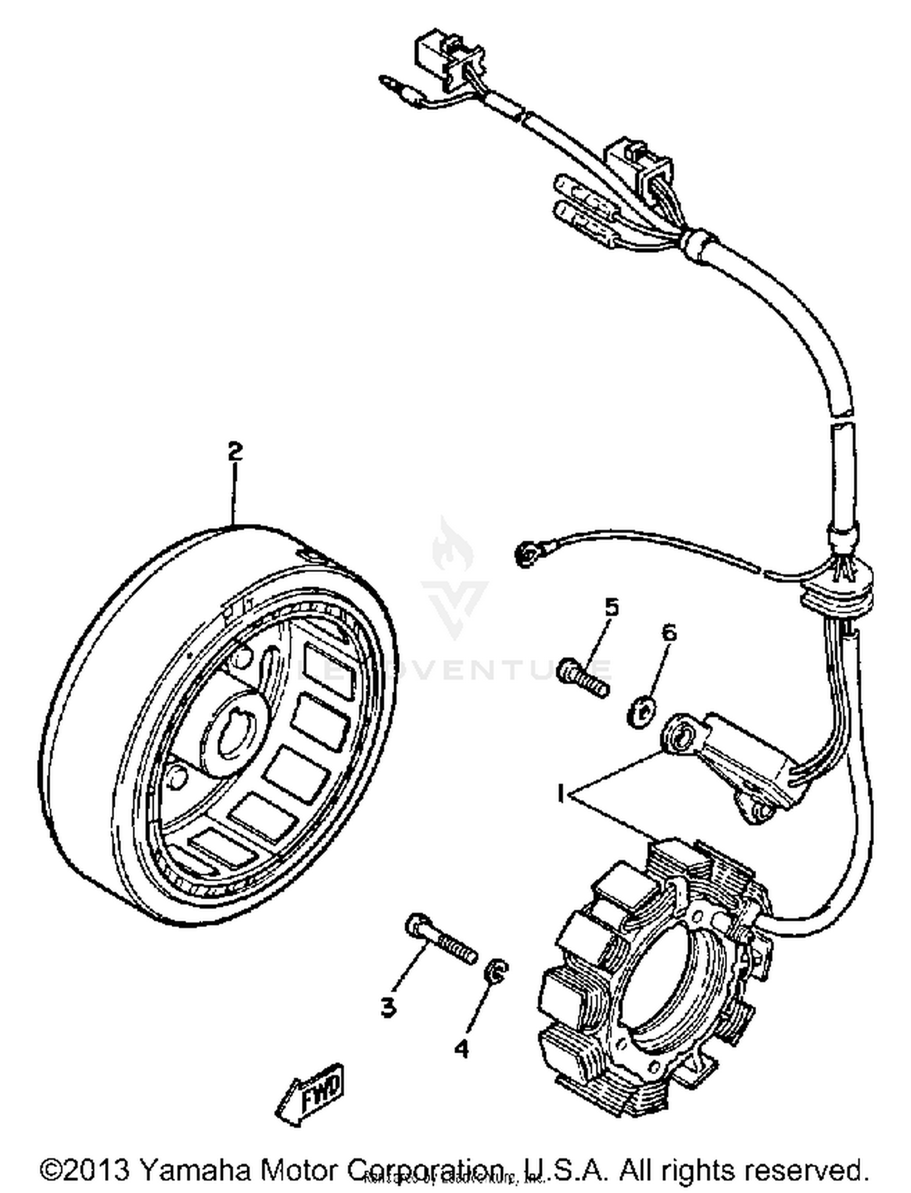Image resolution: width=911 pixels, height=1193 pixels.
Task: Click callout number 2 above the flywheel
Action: pyautogui.click(x=235, y=452)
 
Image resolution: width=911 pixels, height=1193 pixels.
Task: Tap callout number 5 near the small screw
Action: pyautogui.click(x=611, y=607)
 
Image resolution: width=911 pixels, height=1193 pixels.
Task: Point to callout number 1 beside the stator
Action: pyautogui.click(x=561, y=792)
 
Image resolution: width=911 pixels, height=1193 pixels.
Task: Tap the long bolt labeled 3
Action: pyautogui.click(x=440, y=949)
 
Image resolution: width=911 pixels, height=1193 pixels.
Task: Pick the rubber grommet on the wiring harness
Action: pyautogui.click(x=839, y=585)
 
